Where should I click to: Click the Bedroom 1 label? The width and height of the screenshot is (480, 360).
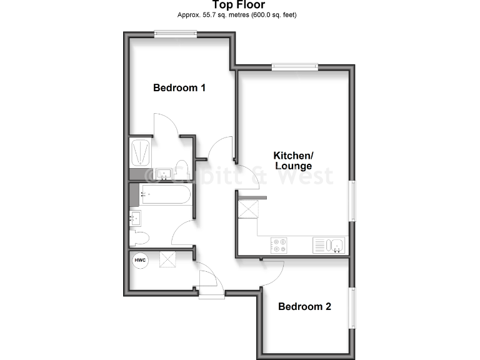coord(179,88)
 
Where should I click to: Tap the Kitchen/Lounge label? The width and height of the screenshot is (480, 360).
coord(293,161)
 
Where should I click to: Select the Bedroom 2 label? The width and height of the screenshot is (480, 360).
coord(304,307)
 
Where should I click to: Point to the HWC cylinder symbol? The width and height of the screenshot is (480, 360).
coord(140,259)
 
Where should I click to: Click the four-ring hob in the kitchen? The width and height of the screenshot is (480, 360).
coord(278,246)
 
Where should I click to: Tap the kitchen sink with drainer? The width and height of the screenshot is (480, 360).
coord(329,246)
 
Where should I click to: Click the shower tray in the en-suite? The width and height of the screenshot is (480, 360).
coord(140,152)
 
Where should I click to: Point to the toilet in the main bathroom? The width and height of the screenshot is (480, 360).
coord(140,237)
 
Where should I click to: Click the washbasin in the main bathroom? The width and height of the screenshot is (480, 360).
coord(135,218)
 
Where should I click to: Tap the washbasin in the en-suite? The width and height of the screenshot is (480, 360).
coord(165,174)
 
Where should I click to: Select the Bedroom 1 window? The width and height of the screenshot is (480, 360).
coord(176,34)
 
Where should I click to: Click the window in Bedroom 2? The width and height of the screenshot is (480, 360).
coord(351,307)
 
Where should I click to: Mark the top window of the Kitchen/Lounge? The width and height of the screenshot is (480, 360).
coord(294,66)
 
